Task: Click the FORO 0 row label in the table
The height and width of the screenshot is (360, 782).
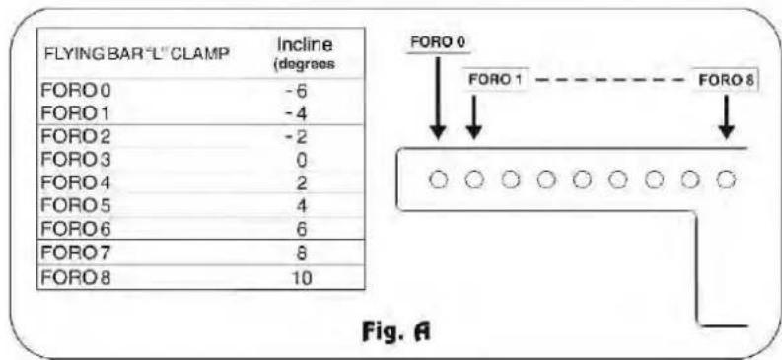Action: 76,92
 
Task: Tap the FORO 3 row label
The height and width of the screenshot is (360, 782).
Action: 76,160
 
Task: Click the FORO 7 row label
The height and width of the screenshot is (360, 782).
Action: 76,253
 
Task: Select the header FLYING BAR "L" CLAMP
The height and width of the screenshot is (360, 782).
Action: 137,54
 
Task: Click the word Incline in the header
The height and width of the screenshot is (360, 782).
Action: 305,45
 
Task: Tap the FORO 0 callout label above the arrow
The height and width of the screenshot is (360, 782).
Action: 438,42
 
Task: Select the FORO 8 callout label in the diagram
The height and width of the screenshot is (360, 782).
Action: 726,80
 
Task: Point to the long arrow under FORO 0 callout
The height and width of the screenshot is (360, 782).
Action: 438,98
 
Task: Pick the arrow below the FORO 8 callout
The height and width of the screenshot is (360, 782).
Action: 726,117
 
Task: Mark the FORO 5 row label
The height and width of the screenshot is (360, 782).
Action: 76,206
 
